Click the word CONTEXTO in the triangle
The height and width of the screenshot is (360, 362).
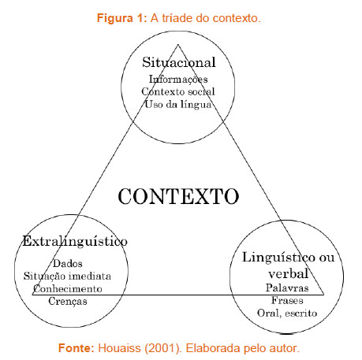(x=178, y=196)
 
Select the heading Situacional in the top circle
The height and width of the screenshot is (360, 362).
(x=179, y=62)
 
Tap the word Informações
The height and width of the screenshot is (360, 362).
(x=178, y=80)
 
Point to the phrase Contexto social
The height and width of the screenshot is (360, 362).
(x=178, y=91)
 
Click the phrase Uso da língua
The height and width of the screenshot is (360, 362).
(x=178, y=104)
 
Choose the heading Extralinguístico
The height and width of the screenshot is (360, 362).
(x=75, y=241)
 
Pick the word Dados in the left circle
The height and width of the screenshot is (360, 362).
(x=68, y=263)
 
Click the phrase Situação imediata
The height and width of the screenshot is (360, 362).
(x=67, y=276)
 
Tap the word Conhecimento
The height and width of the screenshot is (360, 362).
(x=68, y=289)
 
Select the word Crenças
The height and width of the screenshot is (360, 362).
(x=68, y=301)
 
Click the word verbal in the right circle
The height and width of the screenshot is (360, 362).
(x=288, y=273)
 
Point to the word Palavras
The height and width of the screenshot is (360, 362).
(x=287, y=288)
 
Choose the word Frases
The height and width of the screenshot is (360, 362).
(x=287, y=300)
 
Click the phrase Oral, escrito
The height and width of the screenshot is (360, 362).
(x=287, y=314)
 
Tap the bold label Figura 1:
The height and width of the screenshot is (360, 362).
(x=122, y=18)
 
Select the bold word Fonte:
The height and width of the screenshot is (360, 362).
(x=77, y=348)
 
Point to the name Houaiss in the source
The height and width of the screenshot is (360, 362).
(x=119, y=348)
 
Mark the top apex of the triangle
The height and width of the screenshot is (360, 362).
(x=178, y=45)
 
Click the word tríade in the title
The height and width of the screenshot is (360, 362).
(x=177, y=18)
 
